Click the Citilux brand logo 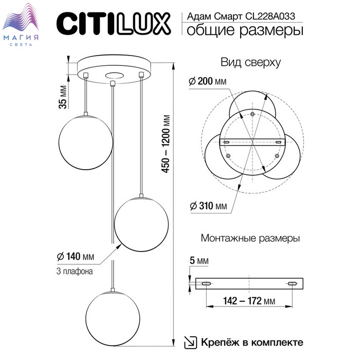click(114, 24)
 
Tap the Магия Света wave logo click(21, 25)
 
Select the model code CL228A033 click(270, 16)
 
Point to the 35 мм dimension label click(63, 97)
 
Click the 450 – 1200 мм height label click(166, 143)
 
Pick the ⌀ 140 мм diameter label click(76, 256)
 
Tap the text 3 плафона click(75, 271)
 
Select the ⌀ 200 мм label click(208, 81)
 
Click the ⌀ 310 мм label click(208, 206)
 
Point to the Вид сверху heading click(250, 62)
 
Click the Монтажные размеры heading click(250, 238)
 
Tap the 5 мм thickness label click(200, 261)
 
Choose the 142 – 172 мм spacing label click(249, 300)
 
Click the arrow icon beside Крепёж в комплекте click(191, 343)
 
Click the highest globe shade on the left click(86, 142)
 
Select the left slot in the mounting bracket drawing click(206, 284)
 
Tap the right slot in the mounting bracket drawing click(292, 284)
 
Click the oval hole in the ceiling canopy click(115, 75)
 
